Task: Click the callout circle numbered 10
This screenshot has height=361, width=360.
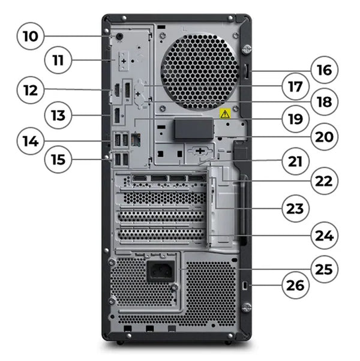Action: click(x=31, y=36)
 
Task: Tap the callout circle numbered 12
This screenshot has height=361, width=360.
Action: click(x=31, y=91)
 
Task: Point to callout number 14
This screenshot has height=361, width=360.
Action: click(x=31, y=142)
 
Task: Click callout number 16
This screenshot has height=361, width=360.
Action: click(x=324, y=70)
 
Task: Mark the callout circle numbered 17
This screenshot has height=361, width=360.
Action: click(x=295, y=86)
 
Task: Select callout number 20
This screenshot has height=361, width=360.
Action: click(x=324, y=136)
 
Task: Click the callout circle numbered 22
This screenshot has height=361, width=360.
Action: click(x=324, y=180)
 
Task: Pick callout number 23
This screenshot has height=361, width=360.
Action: click(x=295, y=209)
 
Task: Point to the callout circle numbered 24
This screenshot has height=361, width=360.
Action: click(x=324, y=236)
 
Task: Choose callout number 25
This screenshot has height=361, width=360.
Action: click(x=324, y=268)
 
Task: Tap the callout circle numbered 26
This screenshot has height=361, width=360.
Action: click(x=295, y=285)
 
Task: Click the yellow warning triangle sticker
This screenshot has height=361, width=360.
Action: click(x=223, y=113)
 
